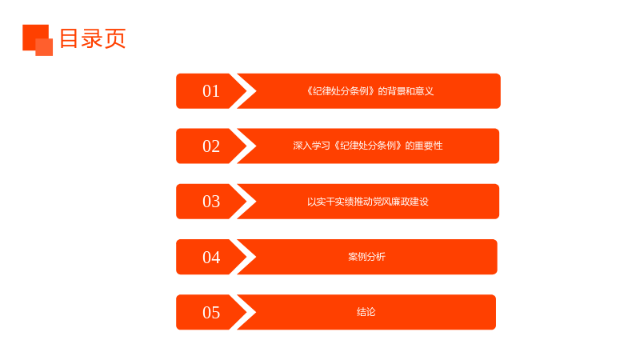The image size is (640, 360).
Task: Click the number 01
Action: (x=211, y=91)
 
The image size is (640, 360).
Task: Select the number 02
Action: (x=211, y=146)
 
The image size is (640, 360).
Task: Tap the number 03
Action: (x=211, y=202)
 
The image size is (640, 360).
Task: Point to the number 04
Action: (x=211, y=257)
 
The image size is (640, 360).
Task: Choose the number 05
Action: (x=211, y=312)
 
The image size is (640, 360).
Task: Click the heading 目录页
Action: (x=93, y=38)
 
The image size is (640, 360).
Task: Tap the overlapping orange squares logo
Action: (x=38, y=40)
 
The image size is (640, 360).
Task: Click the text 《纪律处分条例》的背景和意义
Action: (x=370, y=91)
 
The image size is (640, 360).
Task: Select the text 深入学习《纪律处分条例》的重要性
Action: (x=368, y=146)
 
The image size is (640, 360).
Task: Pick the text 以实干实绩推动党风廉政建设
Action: (x=368, y=202)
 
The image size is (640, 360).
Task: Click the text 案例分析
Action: (x=366, y=256)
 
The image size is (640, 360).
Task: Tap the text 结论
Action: (x=366, y=312)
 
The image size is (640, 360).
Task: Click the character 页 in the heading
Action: (x=115, y=38)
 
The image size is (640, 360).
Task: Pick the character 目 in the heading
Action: (x=69, y=38)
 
